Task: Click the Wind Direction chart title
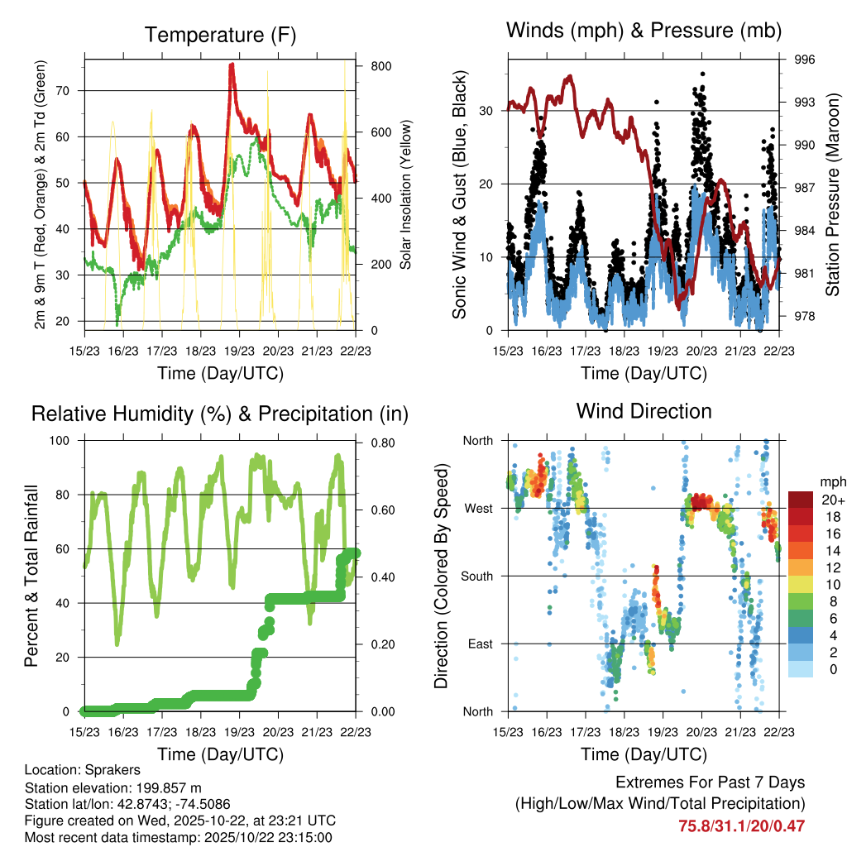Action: pos(644,411)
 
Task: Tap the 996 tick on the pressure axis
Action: pos(806,60)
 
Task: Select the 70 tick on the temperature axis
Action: pos(69,91)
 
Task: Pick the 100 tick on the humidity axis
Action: pos(65,441)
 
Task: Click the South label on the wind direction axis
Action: pos(476,577)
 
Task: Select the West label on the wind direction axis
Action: pos(478,509)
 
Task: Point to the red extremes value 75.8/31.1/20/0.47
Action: pos(742,825)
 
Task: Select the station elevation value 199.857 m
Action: pos(164,787)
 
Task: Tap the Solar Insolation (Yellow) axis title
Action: pos(406,195)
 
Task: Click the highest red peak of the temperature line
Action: pos(232,65)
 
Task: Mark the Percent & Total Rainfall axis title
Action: pos(31,576)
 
